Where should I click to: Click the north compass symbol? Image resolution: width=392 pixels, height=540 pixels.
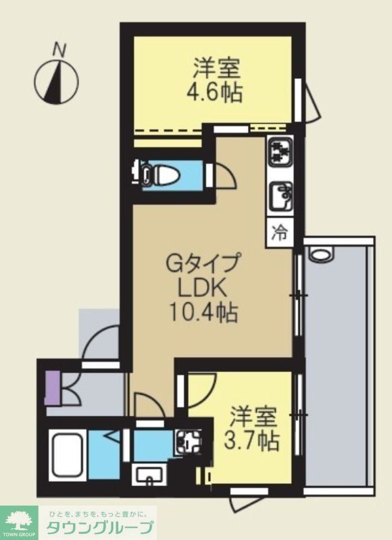coord(57,78)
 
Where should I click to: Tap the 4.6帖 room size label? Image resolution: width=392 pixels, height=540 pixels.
coord(215,92)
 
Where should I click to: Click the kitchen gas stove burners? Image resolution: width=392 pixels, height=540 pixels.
coord(280,153)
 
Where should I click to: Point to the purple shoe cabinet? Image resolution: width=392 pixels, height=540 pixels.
coord(53,387)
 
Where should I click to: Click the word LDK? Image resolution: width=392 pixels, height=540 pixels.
coord(203,287)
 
